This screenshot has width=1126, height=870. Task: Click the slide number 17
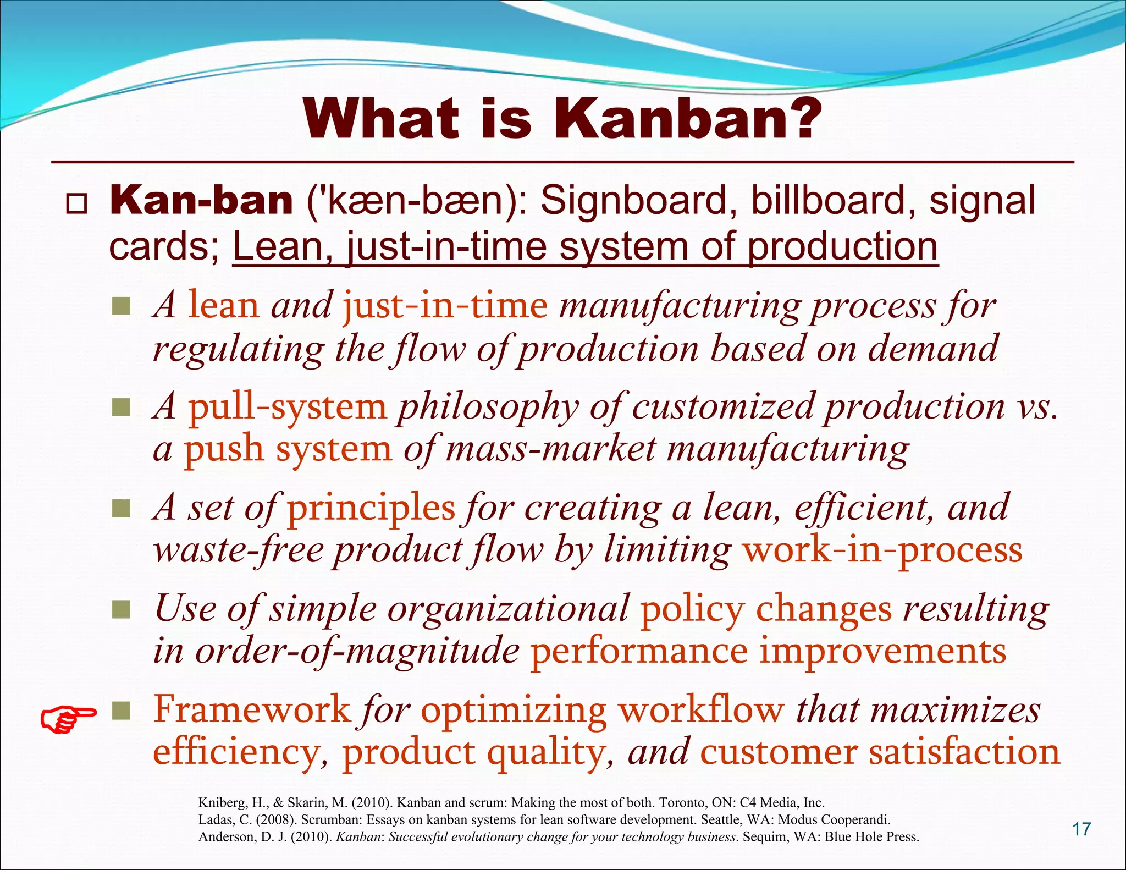[x=1081, y=829]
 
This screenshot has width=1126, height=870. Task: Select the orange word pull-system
[x=288, y=407]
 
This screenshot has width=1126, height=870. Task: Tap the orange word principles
[x=371, y=507]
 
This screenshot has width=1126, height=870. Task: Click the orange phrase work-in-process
[x=882, y=550]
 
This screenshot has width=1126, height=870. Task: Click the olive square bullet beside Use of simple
[x=120, y=609]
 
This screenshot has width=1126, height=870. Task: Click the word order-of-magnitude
[x=357, y=651]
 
